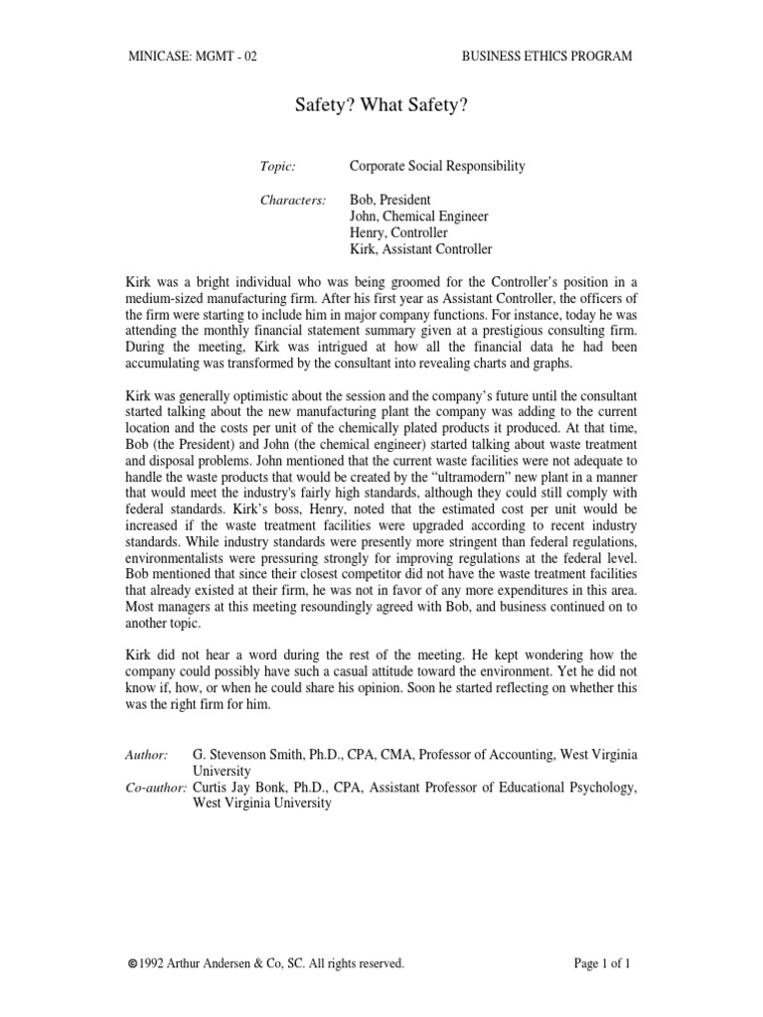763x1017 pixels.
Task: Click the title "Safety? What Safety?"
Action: point(381,105)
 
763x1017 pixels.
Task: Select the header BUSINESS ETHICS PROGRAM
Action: point(546,57)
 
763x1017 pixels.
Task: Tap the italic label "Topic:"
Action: point(278,166)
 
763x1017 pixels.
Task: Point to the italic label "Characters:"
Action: point(293,200)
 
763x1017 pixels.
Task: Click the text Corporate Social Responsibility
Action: point(437,166)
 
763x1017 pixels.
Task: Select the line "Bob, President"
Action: point(390,200)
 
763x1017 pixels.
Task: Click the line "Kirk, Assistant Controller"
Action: point(420,249)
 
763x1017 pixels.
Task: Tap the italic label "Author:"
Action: point(147,756)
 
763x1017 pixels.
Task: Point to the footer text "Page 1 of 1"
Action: point(603,962)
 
